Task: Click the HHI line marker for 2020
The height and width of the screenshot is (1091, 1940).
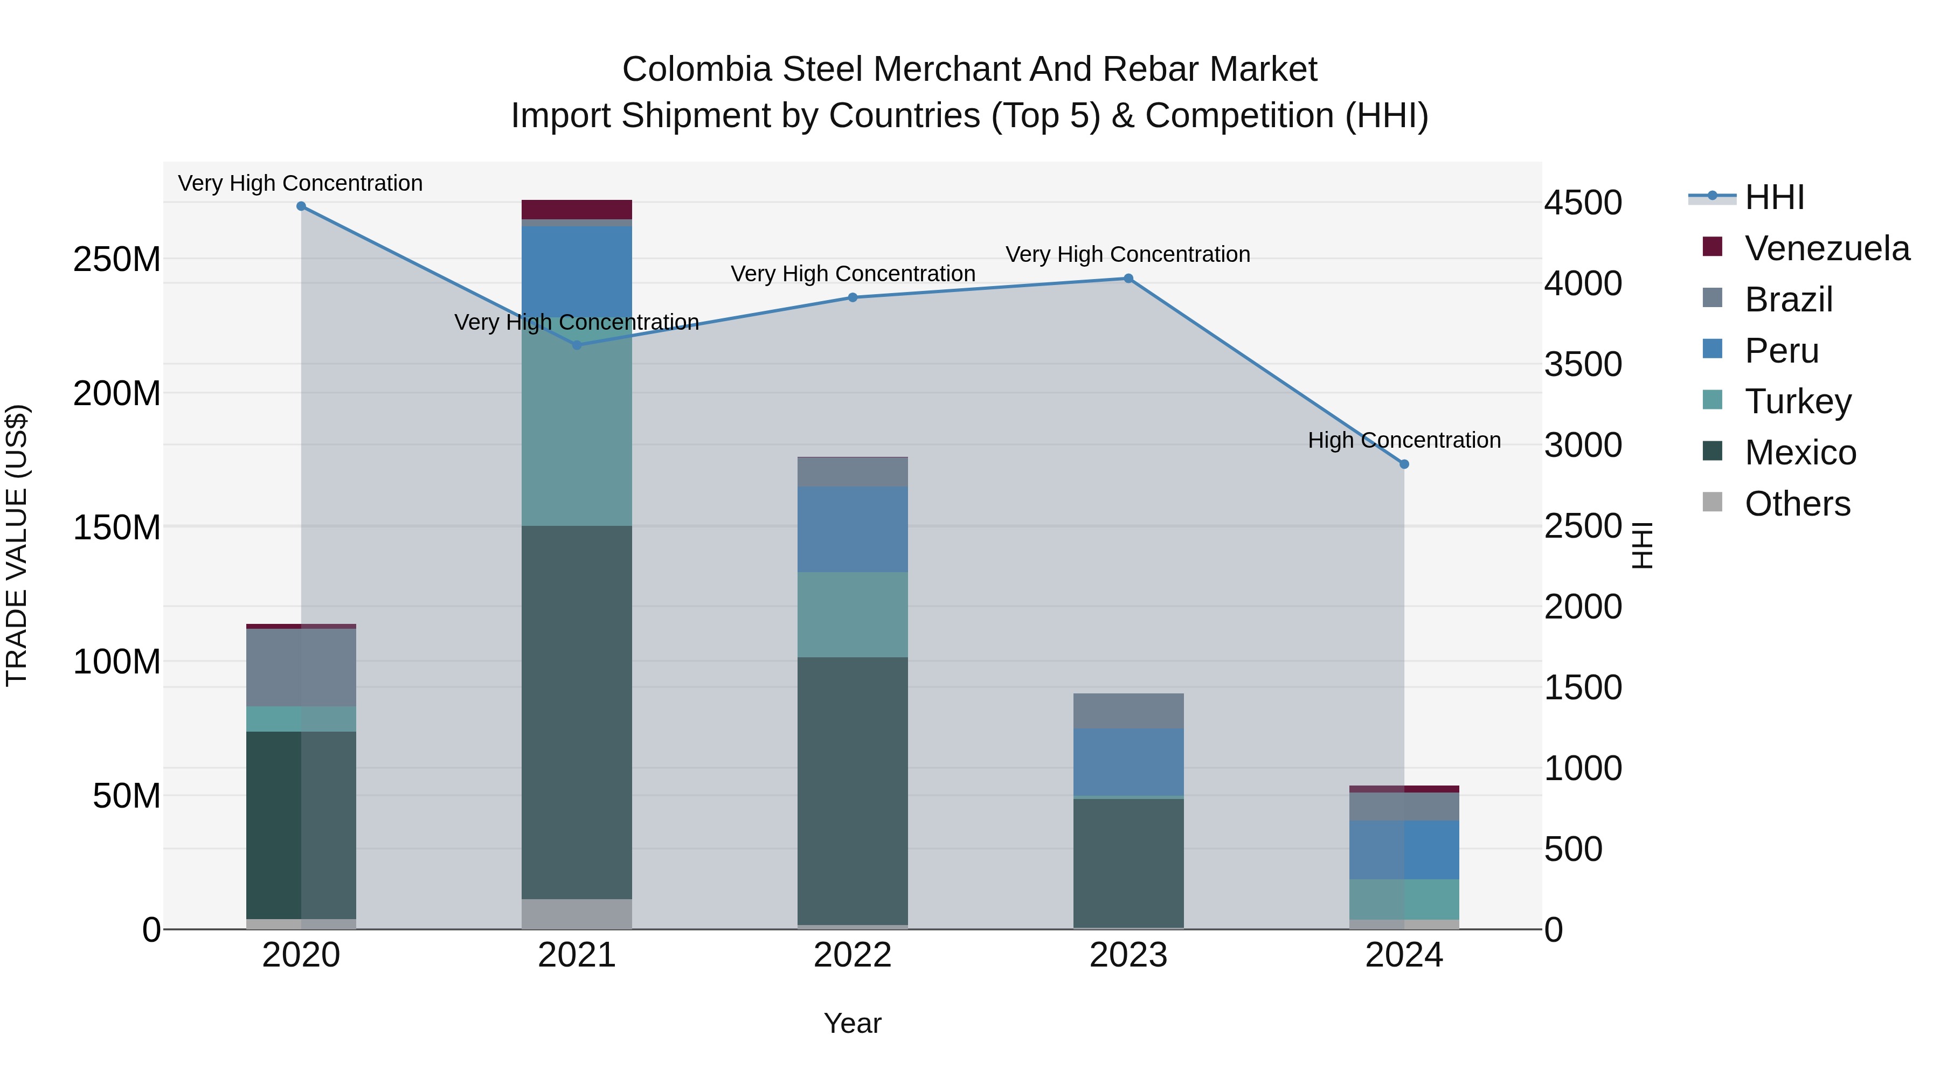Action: tap(301, 206)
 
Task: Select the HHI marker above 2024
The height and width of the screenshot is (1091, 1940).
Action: tap(1404, 464)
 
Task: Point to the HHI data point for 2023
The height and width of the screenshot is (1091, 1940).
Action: tap(1128, 279)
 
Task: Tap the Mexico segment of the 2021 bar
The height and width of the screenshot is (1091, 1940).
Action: tap(577, 712)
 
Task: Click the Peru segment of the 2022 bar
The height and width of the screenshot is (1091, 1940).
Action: tap(853, 529)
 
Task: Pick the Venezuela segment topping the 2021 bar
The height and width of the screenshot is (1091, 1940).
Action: tap(577, 210)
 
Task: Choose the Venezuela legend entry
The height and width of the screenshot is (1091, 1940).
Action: tap(1826, 248)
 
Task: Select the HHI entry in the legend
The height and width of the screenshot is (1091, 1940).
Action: tap(1773, 197)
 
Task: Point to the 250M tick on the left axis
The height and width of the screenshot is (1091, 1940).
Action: tap(117, 260)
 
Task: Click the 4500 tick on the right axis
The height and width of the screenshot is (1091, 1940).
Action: tap(1582, 203)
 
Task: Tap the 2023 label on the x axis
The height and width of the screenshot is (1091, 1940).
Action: tap(1128, 955)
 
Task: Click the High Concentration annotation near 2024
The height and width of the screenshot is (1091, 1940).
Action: tap(1404, 441)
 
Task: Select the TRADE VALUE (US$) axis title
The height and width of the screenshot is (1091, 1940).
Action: tap(17, 545)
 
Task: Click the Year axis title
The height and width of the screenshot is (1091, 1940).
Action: tap(853, 1023)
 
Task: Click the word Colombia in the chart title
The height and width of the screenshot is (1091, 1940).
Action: tap(697, 70)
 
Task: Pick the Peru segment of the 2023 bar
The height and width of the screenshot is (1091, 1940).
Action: tap(1128, 762)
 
